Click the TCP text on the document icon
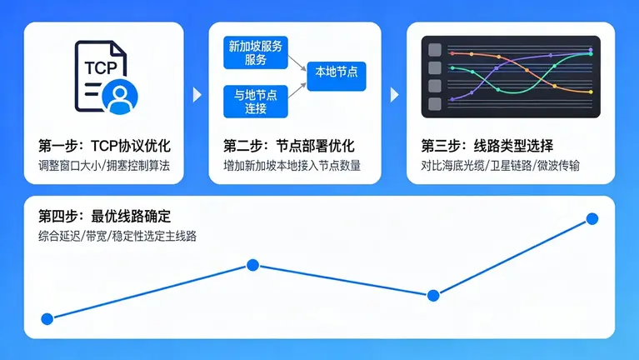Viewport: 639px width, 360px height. click(x=98, y=69)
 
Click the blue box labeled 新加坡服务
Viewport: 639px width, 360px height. click(x=256, y=52)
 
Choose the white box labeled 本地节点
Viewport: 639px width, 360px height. click(x=337, y=72)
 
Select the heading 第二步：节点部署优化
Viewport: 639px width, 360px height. click(x=289, y=144)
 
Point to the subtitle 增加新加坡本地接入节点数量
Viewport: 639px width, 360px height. click(x=292, y=165)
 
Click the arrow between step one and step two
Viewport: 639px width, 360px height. click(x=197, y=95)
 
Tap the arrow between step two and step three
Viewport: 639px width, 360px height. click(x=394, y=95)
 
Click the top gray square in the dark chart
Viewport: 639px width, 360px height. click(x=434, y=50)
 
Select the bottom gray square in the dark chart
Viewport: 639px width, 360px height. click(x=434, y=104)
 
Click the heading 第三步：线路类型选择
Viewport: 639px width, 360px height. click(x=487, y=144)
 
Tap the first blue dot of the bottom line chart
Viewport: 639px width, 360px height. click(x=47, y=318)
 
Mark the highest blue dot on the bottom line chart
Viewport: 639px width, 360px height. click(x=592, y=218)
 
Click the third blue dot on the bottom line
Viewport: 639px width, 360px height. click(x=433, y=295)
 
